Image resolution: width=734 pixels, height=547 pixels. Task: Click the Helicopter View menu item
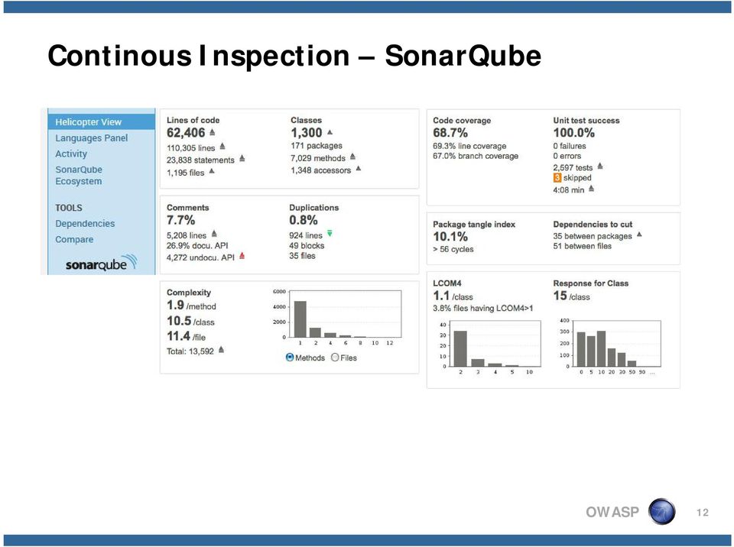(88, 122)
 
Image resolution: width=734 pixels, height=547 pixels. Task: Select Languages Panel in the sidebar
(91, 138)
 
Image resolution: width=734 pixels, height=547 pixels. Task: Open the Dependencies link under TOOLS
(85, 224)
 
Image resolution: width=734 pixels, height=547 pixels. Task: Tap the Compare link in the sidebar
(74, 240)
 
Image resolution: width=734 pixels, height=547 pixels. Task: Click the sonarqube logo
(101, 264)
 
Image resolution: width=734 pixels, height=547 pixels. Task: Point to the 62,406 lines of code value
(186, 133)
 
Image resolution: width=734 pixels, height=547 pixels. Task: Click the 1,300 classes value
(306, 133)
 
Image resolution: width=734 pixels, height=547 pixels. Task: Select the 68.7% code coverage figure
(450, 133)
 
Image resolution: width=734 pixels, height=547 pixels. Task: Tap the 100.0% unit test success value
(573, 133)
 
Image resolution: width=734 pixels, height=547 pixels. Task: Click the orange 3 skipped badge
(557, 178)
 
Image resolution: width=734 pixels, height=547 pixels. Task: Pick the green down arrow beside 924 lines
(330, 233)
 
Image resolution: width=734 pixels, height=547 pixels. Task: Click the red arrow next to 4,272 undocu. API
(242, 255)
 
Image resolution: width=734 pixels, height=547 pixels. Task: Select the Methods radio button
(290, 358)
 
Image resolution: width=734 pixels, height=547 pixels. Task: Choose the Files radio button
(335, 358)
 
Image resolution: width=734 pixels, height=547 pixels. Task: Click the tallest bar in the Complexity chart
(300, 319)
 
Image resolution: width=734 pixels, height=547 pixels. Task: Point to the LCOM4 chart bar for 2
(460, 348)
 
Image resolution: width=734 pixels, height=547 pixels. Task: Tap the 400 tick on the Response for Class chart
(564, 321)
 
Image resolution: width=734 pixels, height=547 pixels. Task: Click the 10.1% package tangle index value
(450, 237)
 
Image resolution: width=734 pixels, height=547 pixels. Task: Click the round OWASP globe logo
(661, 511)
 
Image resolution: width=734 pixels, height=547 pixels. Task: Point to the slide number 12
(702, 513)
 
